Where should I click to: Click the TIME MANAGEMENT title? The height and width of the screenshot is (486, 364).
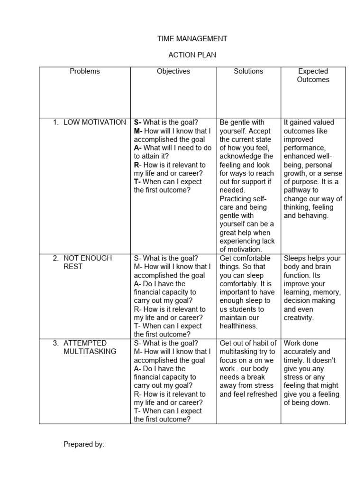192,38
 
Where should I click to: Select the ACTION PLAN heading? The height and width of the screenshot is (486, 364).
192,55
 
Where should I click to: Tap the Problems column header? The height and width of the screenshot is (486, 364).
85,71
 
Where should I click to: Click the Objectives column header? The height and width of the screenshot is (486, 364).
173,71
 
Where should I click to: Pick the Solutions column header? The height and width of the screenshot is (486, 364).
248,71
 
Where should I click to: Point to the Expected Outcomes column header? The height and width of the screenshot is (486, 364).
313,75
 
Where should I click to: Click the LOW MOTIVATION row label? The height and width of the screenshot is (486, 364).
94,122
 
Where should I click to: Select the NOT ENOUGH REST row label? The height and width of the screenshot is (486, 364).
88,262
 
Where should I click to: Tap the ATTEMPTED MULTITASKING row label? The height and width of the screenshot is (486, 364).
90,347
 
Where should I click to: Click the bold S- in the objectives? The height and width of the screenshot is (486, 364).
138,122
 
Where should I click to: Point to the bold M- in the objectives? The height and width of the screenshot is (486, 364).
138,131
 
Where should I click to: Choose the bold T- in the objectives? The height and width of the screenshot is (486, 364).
137,182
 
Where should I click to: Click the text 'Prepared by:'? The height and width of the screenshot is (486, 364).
84,444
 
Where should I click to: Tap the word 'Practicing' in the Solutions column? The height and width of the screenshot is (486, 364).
237,198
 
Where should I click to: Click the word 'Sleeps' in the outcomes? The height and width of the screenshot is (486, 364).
295,258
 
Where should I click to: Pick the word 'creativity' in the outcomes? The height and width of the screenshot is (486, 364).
298,318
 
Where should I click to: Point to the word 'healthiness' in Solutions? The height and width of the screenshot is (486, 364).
238,326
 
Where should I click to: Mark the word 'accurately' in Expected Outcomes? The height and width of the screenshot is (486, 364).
302,352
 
